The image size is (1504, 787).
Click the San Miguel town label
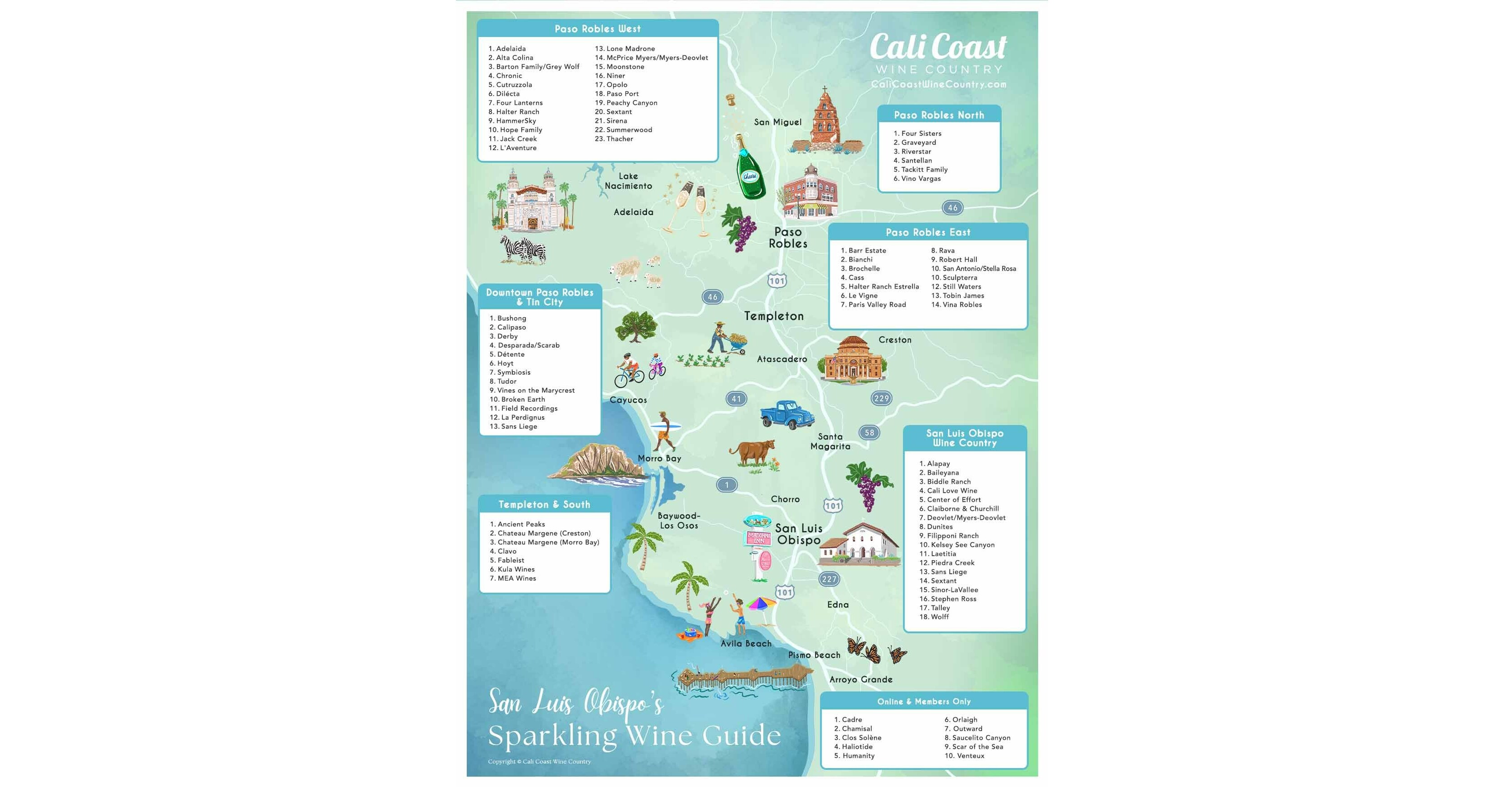click(777, 122)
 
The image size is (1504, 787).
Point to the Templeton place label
click(773, 316)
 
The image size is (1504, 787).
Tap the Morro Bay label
click(659, 458)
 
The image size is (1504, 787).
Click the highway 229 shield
click(881, 398)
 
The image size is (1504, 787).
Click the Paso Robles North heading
click(939, 115)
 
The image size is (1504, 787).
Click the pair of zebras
click(524, 250)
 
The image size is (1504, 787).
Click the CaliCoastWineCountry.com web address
click(938, 84)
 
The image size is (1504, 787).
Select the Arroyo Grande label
click(860, 680)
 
